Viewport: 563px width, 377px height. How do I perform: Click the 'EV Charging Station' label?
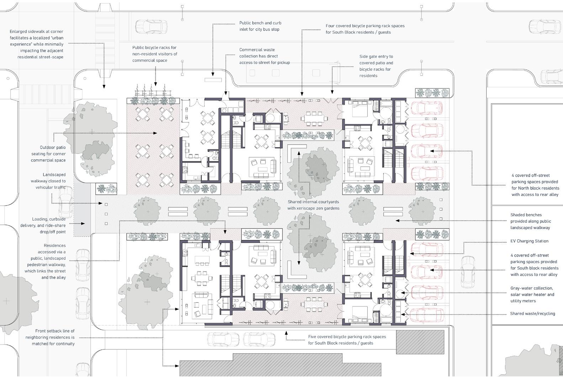pos(529,241)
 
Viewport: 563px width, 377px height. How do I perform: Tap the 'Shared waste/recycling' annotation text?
pos(532,314)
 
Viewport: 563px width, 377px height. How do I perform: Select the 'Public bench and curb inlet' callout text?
pos(260,26)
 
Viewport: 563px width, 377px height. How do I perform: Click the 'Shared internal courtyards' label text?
pos(313,205)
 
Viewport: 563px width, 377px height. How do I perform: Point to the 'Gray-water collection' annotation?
pos(532,294)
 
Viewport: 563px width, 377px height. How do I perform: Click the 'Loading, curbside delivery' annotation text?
pos(48,226)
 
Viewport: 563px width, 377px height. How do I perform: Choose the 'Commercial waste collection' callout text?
pos(264,56)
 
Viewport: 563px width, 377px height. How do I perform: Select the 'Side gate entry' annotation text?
pos(376,66)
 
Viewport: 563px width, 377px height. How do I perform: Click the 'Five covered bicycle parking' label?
pos(347,340)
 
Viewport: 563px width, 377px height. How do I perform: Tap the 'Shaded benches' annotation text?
pos(530,221)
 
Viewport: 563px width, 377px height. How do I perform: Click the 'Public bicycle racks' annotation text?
pos(154,54)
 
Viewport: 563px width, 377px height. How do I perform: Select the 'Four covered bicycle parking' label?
pos(365,29)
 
